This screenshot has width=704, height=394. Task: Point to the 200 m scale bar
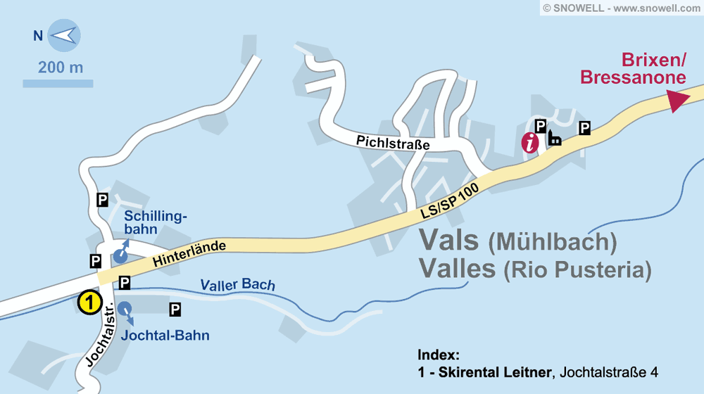[x=58, y=83]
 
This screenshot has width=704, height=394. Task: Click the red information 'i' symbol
[x=530, y=142]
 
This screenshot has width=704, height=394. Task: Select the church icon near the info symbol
[x=554, y=139]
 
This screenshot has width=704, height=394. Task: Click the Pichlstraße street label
[x=393, y=143]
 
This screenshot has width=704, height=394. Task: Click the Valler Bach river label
[x=237, y=285]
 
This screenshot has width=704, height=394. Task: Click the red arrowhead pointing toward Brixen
[x=677, y=99]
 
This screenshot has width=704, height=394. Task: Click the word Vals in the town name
[x=448, y=240]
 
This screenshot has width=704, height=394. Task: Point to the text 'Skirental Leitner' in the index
[x=492, y=371]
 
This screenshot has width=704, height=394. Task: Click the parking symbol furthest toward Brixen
[x=584, y=127]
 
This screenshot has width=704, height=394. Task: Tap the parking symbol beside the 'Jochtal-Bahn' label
[x=175, y=309]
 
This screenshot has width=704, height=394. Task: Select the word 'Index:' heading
[x=438, y=354]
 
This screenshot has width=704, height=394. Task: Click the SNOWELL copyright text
[x=622, y=8]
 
